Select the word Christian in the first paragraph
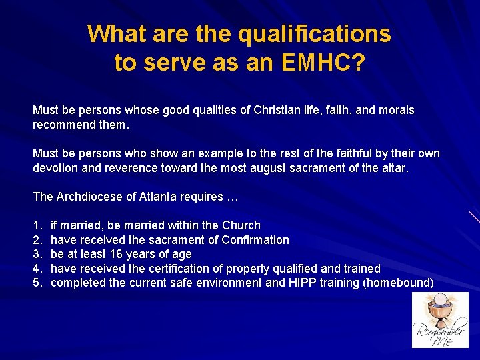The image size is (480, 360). tap(277, 110)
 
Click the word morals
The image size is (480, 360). tap(396, 110)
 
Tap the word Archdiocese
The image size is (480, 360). tap(86, 197)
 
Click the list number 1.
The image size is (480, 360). tap(37, 225)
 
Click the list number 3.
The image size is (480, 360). tap(37, 254)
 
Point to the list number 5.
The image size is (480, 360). tap(37, 283)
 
